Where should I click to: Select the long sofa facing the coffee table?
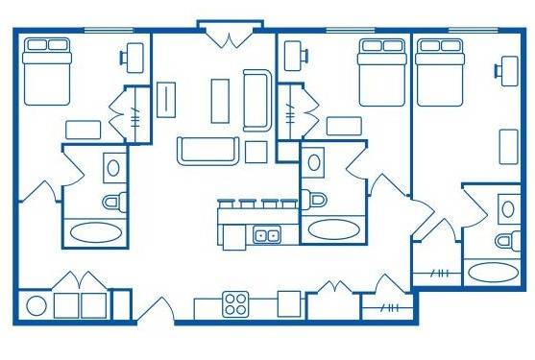click(207, 150)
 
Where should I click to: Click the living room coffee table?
click(220, 98)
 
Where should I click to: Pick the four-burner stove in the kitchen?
click(235, 303)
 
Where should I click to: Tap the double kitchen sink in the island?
click(266, 234)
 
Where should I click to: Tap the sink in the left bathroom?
click(113, 166)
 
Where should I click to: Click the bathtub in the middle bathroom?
click(330, 230)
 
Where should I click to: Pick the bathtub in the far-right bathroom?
click(492, 271)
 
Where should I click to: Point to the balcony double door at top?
click(230, 36)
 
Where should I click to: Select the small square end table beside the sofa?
click(256, 151)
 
